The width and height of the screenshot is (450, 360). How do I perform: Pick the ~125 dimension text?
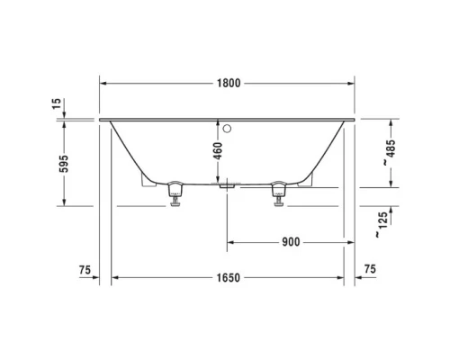(x=385, y=223)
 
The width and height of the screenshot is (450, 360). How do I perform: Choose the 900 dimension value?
(x=290, y=242)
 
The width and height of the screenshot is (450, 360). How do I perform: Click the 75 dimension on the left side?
(x=85, y=269)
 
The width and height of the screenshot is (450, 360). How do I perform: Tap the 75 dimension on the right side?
(x=370, y=269)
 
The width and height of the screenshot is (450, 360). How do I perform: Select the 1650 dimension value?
(x=228, y=278)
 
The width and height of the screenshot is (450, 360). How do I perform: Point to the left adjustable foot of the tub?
(x=175, y=193)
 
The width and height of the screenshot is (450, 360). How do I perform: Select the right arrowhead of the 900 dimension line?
(x=351, y=242)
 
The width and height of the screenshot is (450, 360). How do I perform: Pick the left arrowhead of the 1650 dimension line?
(x=114, y=278)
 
